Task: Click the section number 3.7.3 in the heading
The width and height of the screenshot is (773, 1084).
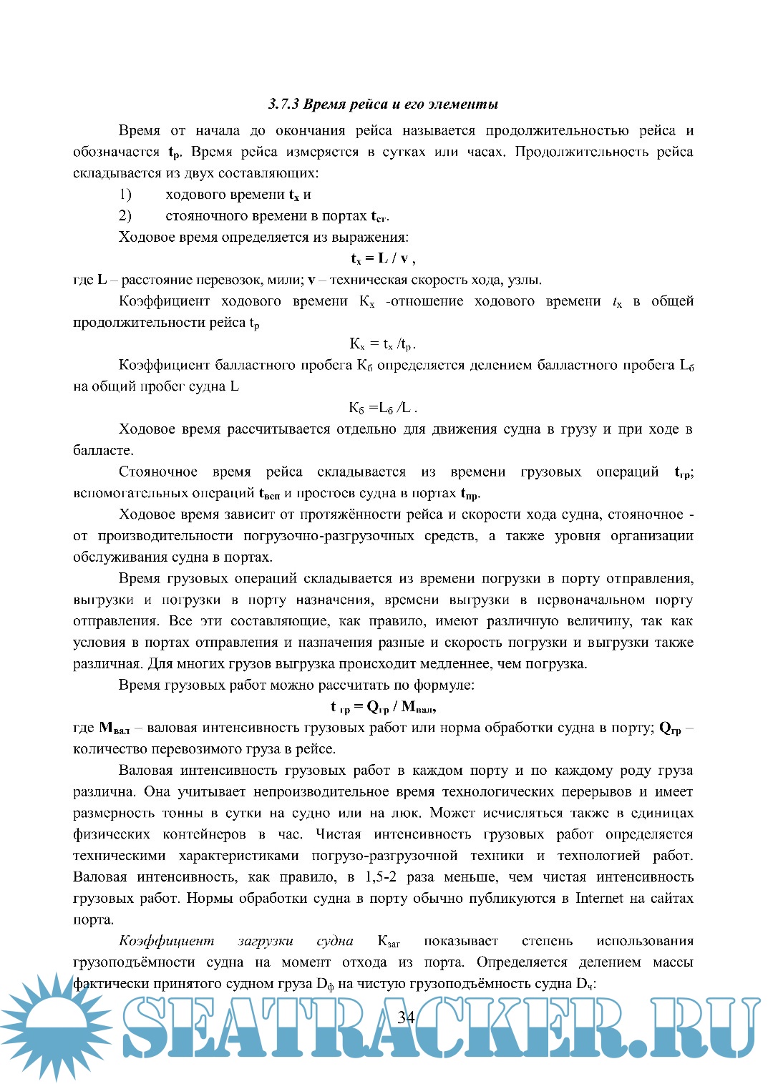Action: click(283, 104)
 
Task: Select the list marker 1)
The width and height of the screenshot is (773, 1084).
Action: click(125, 195)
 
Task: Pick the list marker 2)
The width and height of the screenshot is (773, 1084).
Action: click(125, 216)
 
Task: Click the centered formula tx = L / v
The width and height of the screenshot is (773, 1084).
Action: click(383, 259)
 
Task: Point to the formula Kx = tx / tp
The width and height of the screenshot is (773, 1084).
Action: click(383, 344)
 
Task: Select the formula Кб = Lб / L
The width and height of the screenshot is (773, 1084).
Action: click(383, 408)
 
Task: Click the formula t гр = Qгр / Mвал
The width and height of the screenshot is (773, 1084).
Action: click(384, 707)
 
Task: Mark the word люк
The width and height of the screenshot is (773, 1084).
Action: click(405, 814)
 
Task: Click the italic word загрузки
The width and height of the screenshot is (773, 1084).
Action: click(265, 942)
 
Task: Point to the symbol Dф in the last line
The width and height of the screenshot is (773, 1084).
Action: click(326, 985)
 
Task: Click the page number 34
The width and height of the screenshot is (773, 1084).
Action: click(406, 1017)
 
